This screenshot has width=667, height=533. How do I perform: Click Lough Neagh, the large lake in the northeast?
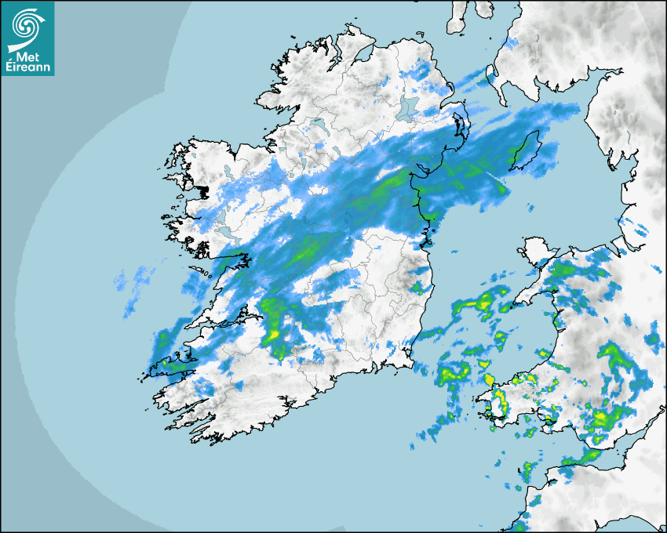[x=409, y=107]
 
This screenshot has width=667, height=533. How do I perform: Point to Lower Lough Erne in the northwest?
[x=318, y=124]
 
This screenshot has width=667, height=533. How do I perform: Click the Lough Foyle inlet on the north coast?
[x=365, y=55]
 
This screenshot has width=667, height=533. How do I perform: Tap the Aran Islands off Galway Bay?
[x=196, y=271]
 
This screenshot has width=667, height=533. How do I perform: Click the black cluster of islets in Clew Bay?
[x=202, y=190]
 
